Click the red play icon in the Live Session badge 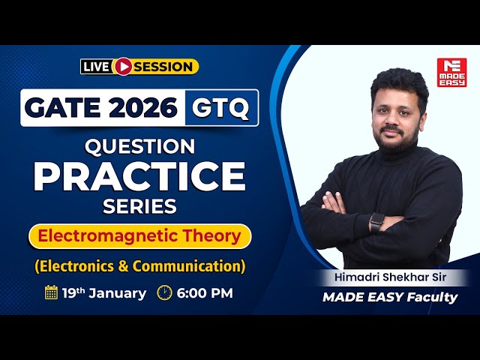(122, 67)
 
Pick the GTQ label (221, 108)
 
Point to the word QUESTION (139, 145)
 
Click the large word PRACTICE (139, 176)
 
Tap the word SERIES (139, 206)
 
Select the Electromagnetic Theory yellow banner (139, 236)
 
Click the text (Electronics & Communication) (139, 265)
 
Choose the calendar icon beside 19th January (51, 292)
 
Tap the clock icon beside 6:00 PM (164, 292)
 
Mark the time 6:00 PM (205, 292)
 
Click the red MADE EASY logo (451, 73)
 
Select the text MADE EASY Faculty (390, 297)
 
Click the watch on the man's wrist (377, 222)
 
